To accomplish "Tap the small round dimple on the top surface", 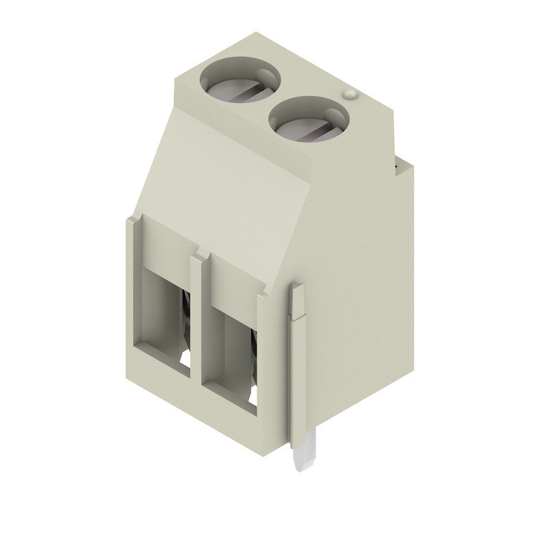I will (349, 94).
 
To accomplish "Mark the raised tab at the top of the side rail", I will (296, 302).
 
